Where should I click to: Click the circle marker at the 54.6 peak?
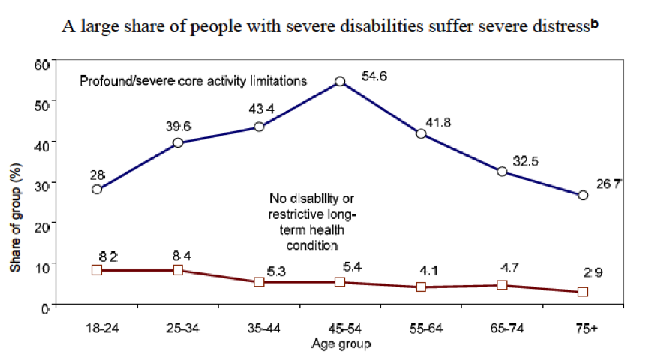click(340, 81)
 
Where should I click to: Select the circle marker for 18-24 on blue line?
click(97, 189)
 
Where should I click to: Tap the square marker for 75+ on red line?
click(583, 292)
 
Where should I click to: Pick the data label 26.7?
click(607, 184)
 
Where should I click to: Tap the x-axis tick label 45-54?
click(340, 328)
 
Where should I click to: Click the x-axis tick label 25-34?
click(178, 328)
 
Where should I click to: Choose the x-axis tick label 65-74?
click(502, 328)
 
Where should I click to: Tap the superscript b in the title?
click(594, 24)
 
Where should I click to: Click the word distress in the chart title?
click(558, 28)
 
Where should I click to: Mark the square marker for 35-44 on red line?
click(259, 282)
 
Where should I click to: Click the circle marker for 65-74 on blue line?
click(502, 172)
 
